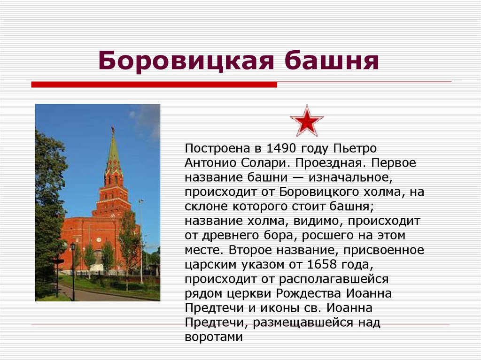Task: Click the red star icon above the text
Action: point(306,121)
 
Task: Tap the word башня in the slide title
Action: point(331,61)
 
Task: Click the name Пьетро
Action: point(355,149)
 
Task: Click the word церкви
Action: point(249,294)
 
